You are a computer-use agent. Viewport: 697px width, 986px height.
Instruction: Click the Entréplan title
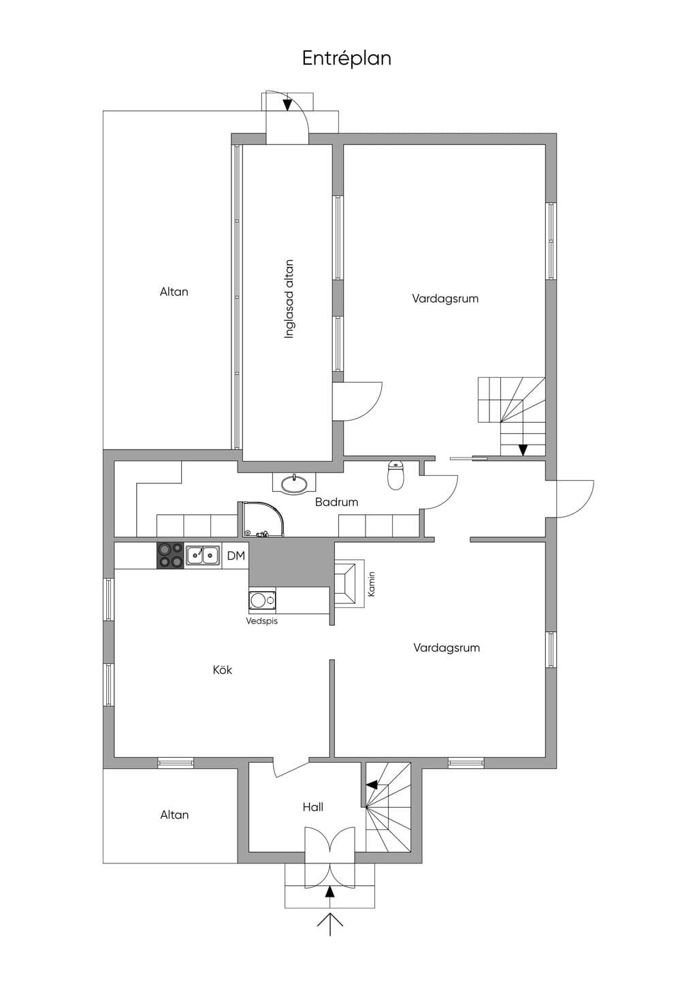click(x=346, y=59)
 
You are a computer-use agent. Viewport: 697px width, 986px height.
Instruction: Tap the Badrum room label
click(x=337, y=502)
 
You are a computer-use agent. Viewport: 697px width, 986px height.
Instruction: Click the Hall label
click(x=313, y=807)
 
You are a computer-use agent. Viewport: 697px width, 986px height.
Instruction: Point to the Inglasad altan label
click(x=289, y=299)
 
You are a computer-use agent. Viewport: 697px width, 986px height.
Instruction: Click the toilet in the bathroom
click(x=395, y=475)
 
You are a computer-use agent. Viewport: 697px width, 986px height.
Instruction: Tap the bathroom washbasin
click(x=294, y=483)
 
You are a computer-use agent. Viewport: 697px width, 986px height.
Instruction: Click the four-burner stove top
click(x=170, y=556)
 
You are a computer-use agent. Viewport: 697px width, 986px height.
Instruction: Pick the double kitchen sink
click(x=203, y=555)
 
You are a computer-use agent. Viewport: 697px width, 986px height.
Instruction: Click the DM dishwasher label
click(x=236, y=556)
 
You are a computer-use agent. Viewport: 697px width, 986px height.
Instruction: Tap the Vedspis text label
click(x=262, y=621)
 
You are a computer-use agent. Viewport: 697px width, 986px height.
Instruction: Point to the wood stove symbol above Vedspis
click(x=263, y=600)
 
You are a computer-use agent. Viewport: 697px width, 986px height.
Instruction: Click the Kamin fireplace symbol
click(x=349, y=584)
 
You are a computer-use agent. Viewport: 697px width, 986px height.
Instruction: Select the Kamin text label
click(x=372, y=584)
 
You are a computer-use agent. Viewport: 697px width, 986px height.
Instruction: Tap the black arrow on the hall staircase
click(x=372, y=784)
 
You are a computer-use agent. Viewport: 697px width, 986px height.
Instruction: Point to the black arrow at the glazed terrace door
click(x=287, y=105)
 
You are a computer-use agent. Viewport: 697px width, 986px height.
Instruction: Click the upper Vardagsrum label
click(x=445, y=298)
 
